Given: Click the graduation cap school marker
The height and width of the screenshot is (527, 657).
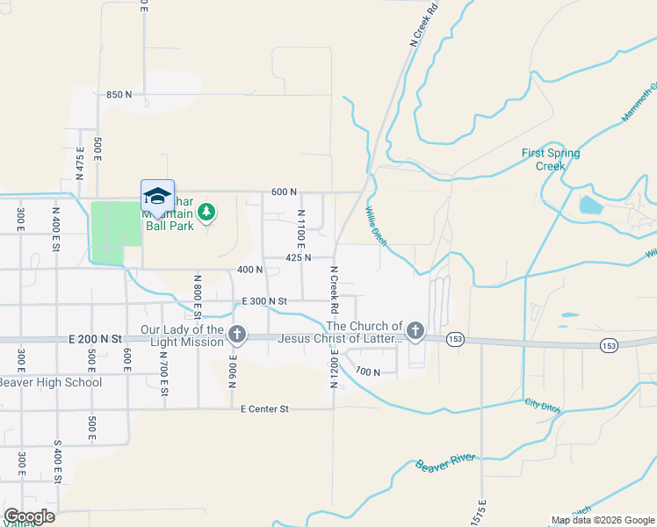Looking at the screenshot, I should coord(157,196).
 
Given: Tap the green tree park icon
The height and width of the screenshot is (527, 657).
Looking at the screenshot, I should coord(206,212).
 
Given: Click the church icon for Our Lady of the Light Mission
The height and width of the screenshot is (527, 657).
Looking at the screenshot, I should coord(236,334).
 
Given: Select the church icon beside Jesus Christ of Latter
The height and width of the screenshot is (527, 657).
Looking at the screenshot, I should coord(415,331).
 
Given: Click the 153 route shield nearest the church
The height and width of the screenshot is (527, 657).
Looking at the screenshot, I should coord(454,338).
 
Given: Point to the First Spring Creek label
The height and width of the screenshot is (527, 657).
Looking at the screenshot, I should coord(551,159).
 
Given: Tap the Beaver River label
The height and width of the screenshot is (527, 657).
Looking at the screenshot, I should coord(445,462).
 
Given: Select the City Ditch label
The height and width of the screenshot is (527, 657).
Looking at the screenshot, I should coord(542,402).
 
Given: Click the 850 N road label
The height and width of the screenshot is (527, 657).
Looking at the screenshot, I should coord(119,94).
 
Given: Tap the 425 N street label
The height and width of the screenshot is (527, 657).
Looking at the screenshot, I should coord(299,257).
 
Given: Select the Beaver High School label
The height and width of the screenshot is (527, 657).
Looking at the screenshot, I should coord(49,382).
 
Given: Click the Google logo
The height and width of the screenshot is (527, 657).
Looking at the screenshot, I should coord(28,516).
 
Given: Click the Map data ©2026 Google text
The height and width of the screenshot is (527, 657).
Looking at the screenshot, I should coord(602,520).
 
